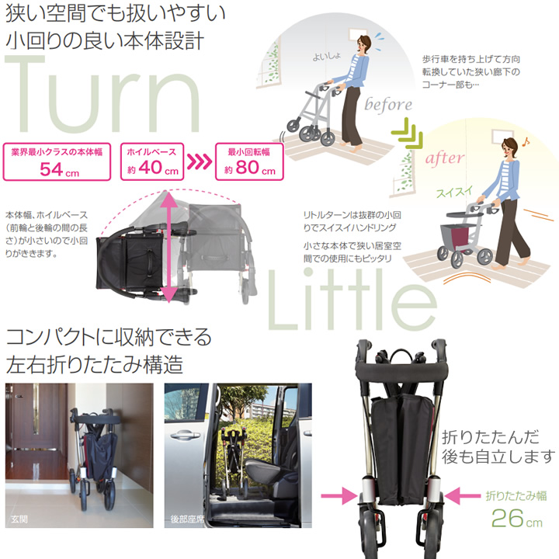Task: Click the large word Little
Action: [352, 300]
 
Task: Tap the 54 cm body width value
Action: [59, 169]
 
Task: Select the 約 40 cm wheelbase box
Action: [152, 161]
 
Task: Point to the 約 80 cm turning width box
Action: [249, 161]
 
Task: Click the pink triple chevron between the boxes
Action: [200, 162]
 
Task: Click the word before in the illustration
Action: [388, 105]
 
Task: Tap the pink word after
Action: [445, 158]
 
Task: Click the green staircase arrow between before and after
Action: [407, 133]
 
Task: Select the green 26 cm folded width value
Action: [517, 519]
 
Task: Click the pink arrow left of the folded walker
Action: [339, 495]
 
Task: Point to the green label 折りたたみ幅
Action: [516, 496]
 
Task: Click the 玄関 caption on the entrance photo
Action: [19, 519]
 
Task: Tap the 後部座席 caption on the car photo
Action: [188, 519]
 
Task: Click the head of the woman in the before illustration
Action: [363, 44]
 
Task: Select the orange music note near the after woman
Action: [526, 142]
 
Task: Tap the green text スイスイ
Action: [454, 193]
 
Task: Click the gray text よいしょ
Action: [327, 57]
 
